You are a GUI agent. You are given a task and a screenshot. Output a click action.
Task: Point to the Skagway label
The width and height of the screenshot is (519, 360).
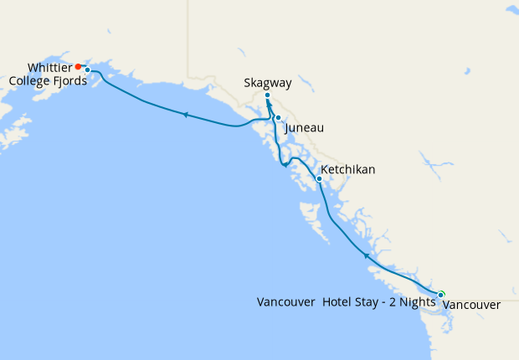267,83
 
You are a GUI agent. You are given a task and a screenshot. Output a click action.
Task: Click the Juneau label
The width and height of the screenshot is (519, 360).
304,128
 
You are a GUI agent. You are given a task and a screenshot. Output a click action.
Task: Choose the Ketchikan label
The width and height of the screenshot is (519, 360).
348,170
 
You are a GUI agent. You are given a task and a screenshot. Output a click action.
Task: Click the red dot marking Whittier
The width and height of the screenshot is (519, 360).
78,66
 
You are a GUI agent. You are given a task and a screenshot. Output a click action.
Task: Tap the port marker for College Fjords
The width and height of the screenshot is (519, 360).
87,70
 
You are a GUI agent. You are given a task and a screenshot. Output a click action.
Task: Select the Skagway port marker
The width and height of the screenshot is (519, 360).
267,95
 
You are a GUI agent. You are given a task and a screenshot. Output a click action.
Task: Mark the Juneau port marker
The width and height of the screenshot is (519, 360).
278,118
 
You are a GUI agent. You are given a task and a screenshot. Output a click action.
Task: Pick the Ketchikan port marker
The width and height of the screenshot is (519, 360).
319,178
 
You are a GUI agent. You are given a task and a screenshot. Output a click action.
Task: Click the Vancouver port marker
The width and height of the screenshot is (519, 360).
441,294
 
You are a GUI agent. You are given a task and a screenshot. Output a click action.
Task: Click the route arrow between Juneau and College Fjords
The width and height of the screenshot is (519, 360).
185,115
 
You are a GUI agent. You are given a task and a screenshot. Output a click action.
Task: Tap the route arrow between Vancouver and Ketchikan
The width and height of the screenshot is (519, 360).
366,255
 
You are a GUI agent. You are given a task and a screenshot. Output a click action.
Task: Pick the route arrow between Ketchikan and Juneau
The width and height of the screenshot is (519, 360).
285,164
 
